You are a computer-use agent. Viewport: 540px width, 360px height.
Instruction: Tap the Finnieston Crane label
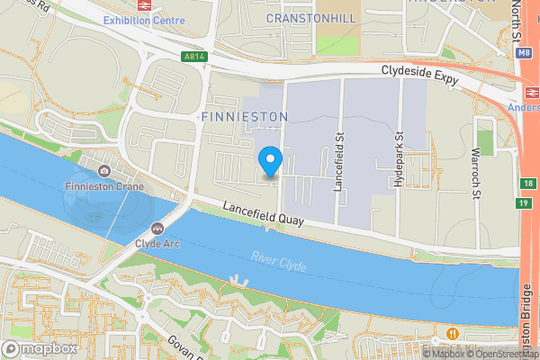pos(104,186)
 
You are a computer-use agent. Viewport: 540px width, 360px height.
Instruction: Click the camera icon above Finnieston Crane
pos(104,171)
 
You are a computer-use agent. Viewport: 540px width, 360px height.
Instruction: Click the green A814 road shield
pos(193,57)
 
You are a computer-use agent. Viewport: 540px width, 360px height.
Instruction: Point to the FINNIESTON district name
pos(243,117)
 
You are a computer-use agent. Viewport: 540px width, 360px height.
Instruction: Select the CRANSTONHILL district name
pos(310,17)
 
